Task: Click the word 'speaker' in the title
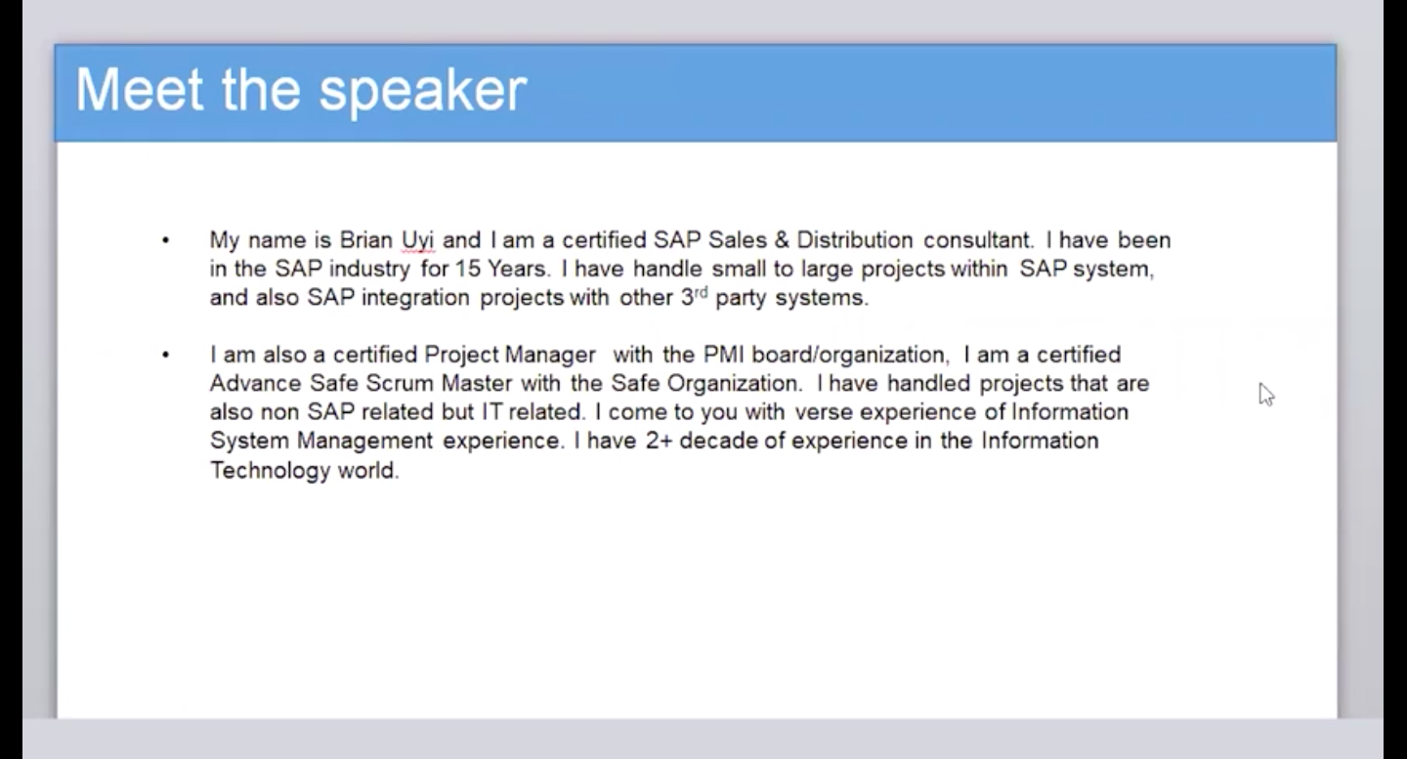click(x=423, y=92)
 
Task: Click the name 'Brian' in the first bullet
click(x=366, y=240)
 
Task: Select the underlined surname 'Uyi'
click(x=418, y=241)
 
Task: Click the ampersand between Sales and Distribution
click(x=782, y=240)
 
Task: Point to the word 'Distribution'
click(x=855, y=240)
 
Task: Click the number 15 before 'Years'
click(x=467, y=269)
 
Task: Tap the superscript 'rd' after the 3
click(x=701, y=292)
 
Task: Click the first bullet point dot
click(x=166, y=240)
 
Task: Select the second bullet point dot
click(x=166, y=356)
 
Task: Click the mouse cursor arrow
click(x=1266, y=395)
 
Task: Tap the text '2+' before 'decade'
click(x=659, y=441)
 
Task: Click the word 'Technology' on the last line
click(x=270, y=471)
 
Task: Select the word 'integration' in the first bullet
click(x=415, y=298)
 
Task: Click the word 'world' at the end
click(x=368, y=470)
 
